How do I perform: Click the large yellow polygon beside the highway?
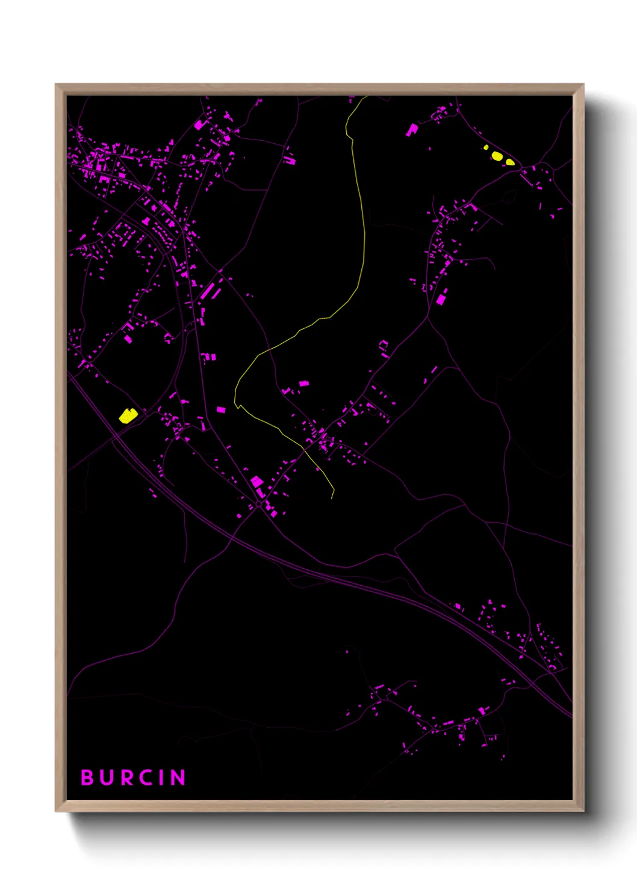coord(128,416)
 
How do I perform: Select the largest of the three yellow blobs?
coord(497,156)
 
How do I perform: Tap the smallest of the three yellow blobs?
coord(486,147)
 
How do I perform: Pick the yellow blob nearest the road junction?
coord(510,161)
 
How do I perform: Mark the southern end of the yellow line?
coord(332,498)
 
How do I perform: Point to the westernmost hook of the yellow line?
coord(235,404)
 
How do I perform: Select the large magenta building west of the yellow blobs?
coord(412,129)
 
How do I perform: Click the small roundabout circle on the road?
coord(259,504)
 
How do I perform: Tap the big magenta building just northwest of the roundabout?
coord(256,481)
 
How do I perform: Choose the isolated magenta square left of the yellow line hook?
coord(221,410)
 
